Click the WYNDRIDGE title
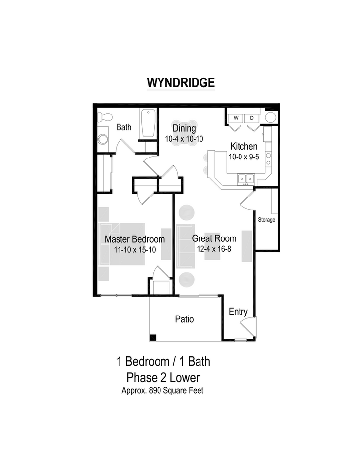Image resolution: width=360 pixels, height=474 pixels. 180,82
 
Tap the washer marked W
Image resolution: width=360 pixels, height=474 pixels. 236,118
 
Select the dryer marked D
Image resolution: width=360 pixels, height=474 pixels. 251,118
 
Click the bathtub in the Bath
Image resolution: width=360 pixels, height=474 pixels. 148,123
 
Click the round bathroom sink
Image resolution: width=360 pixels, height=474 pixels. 103,139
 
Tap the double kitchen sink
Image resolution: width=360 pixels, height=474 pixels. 245,178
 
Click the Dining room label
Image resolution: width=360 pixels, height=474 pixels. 184,129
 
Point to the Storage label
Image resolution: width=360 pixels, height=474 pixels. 266,220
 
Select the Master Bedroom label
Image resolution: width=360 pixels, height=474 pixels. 135,239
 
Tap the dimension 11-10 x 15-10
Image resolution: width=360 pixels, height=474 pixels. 135,250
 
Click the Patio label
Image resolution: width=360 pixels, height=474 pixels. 184,319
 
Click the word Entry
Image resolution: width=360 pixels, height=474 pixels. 238,312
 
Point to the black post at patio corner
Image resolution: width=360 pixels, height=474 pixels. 153,337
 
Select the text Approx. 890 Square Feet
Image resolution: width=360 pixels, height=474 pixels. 163,390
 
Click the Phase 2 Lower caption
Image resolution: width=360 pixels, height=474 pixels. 163,378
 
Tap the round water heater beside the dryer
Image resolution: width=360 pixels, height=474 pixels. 270,118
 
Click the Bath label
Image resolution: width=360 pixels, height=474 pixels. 124,127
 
